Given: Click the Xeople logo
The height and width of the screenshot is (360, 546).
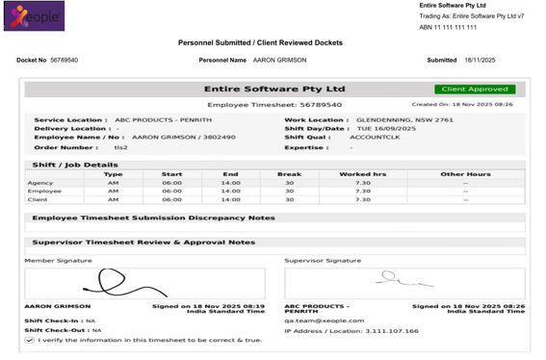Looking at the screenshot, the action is coord(35,16).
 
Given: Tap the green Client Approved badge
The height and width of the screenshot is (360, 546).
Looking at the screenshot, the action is coord(474,90).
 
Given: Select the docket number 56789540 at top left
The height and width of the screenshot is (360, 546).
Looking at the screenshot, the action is coord(65,60).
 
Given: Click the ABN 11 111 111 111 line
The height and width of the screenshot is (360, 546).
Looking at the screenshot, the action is coord(448,28).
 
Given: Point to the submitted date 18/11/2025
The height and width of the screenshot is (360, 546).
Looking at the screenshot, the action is coord(479,60).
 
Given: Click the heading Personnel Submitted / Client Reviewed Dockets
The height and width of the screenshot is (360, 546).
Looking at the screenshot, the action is coord(260,43).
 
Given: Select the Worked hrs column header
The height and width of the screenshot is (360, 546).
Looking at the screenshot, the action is coord(362,174).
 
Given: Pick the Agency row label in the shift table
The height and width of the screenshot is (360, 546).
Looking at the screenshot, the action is coord(40,183).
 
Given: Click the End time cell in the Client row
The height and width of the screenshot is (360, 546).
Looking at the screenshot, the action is coord(230,199).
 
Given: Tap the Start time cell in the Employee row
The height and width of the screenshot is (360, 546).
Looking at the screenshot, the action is coord(171,192).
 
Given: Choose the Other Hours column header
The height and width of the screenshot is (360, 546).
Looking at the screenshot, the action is coord(465,174).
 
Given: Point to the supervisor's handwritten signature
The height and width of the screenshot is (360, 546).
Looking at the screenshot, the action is coord(391,278).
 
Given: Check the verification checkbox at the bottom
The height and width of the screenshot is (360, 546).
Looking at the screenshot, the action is coord(30,340).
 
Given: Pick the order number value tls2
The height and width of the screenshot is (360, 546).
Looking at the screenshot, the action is coord(121,147).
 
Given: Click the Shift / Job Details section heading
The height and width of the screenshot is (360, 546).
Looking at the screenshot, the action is coord(75,165).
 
